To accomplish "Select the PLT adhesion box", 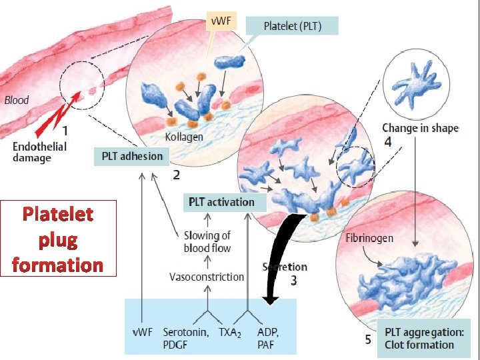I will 132,157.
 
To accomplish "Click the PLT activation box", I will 221,202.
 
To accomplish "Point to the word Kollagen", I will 183,137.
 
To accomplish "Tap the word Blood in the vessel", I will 17,101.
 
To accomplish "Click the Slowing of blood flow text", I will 207,242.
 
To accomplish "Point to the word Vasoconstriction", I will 207,277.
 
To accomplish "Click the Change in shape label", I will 420,128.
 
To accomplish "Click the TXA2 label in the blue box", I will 229,332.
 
